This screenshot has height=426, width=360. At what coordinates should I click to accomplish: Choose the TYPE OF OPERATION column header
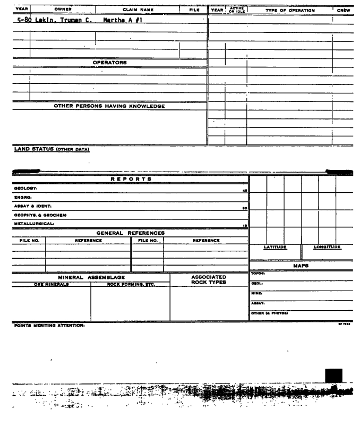tap(290, 10)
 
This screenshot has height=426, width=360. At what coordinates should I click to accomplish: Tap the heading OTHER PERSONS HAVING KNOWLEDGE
tap(109, 106)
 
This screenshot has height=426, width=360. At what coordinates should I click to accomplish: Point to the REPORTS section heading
tap(132, 179)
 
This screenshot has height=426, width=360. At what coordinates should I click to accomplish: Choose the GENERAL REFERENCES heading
tap(130, 233)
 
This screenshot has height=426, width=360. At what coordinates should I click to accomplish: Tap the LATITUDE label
tap(275, 248)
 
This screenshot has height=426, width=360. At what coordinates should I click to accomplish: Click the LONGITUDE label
tap(327, 248)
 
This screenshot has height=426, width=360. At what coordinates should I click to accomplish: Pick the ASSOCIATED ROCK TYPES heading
tap(209, 280)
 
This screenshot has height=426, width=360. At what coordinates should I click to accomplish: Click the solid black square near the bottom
tap(333, 375)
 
